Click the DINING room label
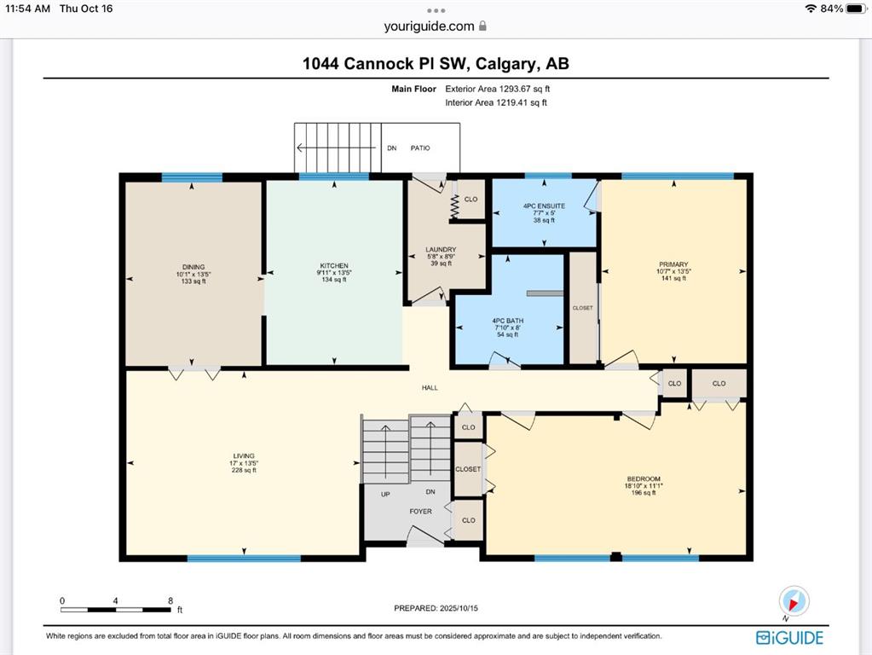(193, 267)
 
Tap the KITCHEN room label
(334, 265)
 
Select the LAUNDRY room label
(441, 249)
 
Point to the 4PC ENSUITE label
(544, 206)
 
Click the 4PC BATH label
(508, 321)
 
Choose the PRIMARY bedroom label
(673, 264)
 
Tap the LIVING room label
(244, 455)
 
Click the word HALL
(430, 388)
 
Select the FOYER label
(420, 512)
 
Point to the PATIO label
(420, 148)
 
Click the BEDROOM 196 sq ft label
(644, 485)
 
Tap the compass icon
(794, 601)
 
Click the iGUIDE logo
(789, 638)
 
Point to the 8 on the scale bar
(170, 600)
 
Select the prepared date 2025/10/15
(459, 608)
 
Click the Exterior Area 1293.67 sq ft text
(498, 89)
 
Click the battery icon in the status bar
(857, 9)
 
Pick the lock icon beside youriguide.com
(482, 26)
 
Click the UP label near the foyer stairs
(385, 494)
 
